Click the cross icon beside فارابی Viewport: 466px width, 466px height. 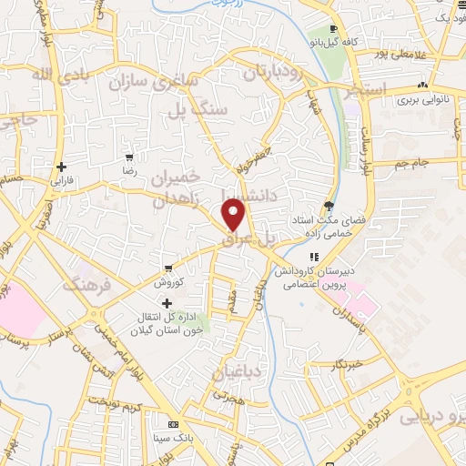pyautogui.click(x=61, y=167)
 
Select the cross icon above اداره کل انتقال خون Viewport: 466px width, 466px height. pyautogui.click(x=167, y=303)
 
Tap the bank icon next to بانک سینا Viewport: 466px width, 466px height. pyautogui.click(x=173, y=425)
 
